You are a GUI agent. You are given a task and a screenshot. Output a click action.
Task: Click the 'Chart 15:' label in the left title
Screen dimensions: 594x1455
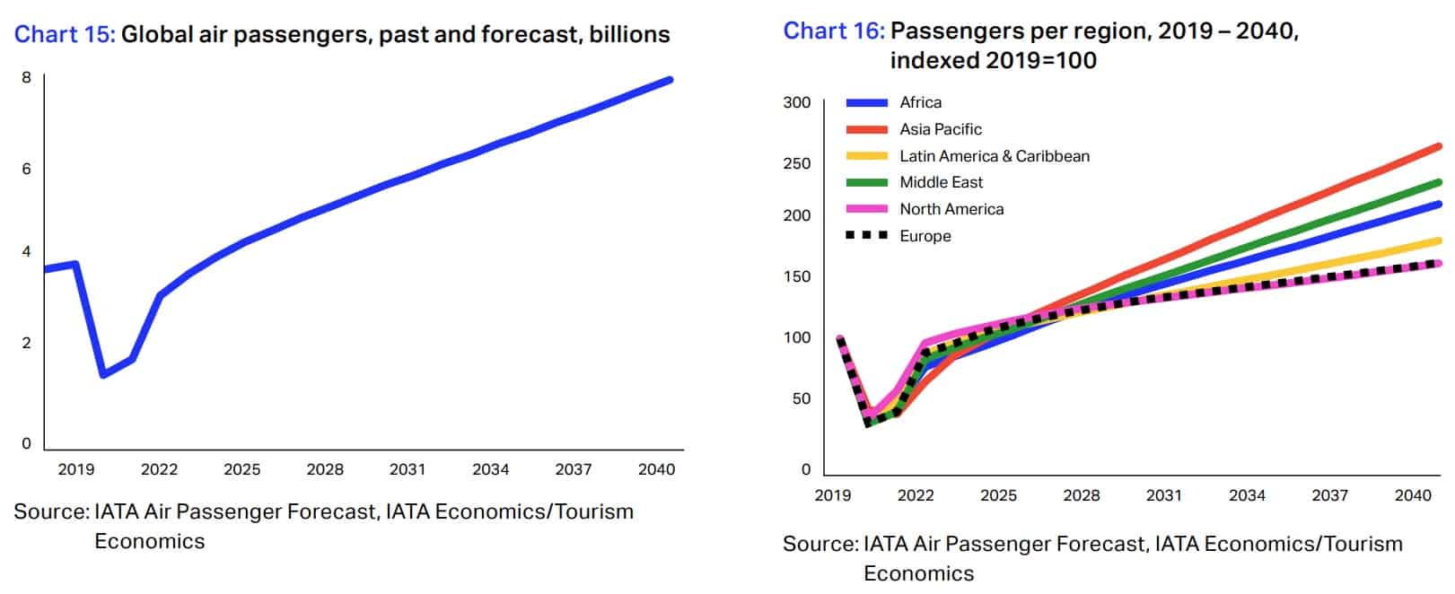[x=65, y=35]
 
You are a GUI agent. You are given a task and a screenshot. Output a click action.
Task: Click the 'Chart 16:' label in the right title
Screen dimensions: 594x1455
[x=834, y=31]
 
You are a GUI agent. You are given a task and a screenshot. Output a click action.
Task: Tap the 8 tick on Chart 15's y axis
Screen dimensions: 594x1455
[x=26, y=77]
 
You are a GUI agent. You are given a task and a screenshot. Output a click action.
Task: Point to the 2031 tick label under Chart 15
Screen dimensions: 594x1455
[x=408, y=469]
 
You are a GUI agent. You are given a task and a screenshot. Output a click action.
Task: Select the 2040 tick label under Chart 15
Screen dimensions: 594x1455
[x=656, y=469]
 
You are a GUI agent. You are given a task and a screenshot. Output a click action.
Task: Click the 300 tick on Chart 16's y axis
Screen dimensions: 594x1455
[x=796, y=102]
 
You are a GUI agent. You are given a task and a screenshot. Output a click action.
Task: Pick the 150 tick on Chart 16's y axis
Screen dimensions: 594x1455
[x=796, y=276]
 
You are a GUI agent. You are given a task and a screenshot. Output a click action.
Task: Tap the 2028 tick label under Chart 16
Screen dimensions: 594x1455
[x=1081, y=495]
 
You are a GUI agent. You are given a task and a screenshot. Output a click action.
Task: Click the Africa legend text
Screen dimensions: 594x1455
[x=920, y=102]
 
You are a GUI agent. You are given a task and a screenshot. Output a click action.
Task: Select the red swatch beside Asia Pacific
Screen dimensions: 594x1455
[x=866, y=129]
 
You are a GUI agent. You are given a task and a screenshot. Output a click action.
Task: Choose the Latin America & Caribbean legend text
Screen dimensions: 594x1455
[x=994, y=156]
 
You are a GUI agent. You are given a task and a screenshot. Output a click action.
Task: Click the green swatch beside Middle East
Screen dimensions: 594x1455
[x=866, y=182]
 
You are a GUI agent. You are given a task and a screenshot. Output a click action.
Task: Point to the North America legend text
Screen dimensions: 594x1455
[x=951, y=209]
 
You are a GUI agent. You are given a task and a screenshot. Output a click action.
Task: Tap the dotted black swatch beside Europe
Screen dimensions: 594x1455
[x=866, y=235]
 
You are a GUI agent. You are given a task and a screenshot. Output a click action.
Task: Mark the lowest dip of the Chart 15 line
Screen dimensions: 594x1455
[x=103, y=374]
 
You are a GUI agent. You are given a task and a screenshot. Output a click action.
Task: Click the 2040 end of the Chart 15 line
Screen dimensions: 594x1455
[x=670, y=81]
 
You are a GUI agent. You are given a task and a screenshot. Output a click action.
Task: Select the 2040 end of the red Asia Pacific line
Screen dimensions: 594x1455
[x=1438, y=146]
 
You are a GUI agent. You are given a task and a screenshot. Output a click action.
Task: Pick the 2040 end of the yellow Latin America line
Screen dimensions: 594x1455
[x=1438, y=240]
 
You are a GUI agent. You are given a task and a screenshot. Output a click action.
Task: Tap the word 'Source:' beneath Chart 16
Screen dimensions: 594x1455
[x=819, y=544]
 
